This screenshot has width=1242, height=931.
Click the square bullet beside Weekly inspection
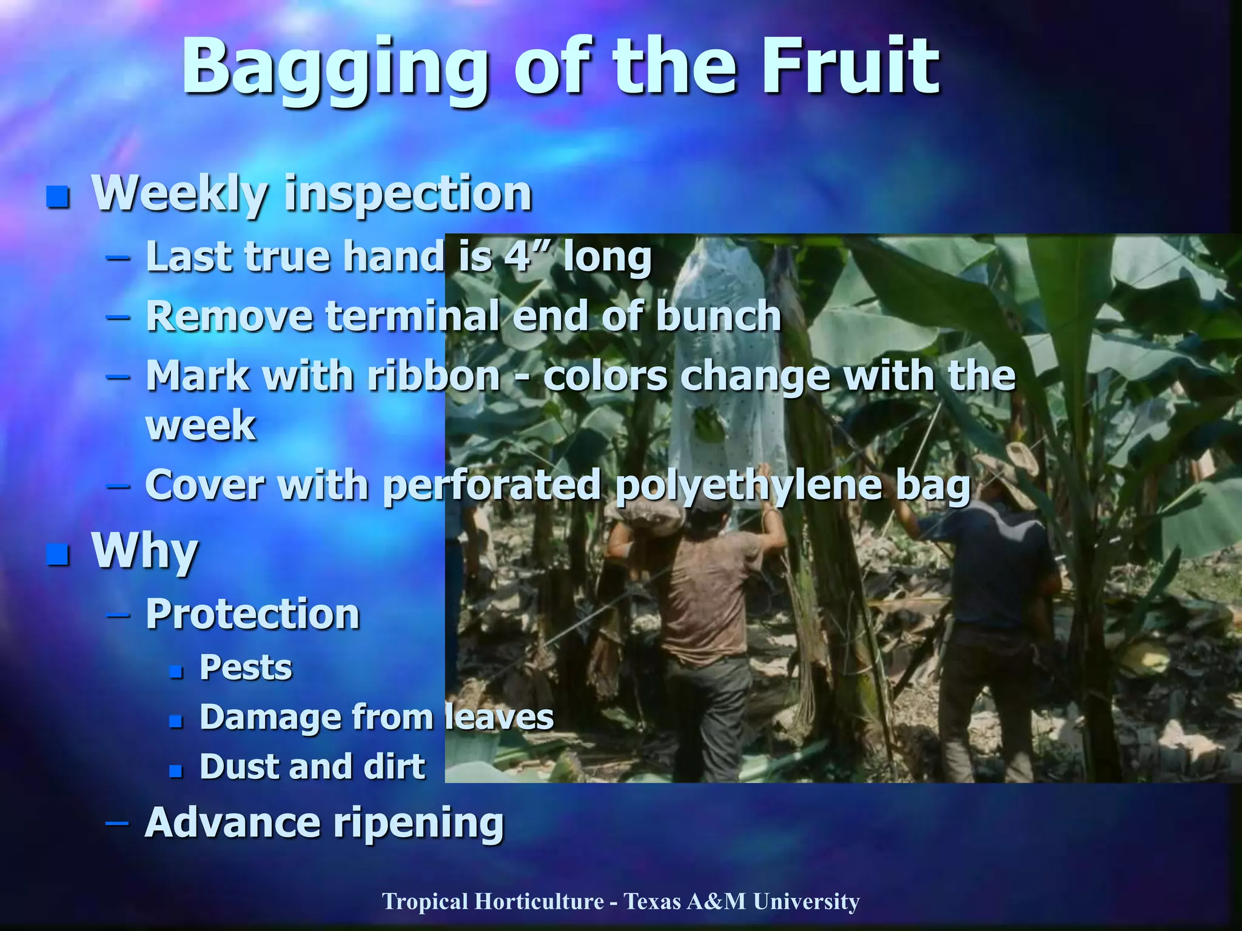point(58,196)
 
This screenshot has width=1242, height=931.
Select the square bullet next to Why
point(58,554)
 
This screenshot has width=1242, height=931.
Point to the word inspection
point(408,194)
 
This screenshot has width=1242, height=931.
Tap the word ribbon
point(434,376)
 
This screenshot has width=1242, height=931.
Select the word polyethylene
point(749,486)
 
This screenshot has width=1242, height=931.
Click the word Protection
point(253,614)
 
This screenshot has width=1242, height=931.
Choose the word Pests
point(246,667)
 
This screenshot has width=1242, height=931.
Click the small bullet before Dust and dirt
point(176,770)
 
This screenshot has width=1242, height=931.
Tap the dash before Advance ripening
point(117,823)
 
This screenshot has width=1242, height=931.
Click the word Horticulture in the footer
point(539,901)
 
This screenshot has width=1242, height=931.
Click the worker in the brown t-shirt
point(710,600)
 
